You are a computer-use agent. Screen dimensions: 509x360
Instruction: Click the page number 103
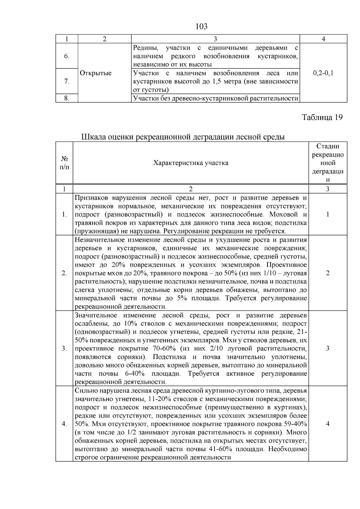[x=201, y=27]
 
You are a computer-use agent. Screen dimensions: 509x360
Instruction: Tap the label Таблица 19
[x=322, y=117]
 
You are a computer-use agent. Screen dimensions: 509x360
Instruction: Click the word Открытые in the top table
[x=96, y=73]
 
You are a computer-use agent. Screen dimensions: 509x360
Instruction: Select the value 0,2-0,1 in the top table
[x=323, y=73]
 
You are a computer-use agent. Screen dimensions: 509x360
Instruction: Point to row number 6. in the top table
[x=67, y=56]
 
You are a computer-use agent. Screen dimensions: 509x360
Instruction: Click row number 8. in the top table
[x=67, y=98]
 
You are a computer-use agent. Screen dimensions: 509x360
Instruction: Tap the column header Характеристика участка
[x=191, y=163]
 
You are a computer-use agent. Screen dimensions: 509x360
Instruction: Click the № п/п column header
[x=64, y=163]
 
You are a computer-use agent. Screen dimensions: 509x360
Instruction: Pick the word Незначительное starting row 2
[x=99, y=240]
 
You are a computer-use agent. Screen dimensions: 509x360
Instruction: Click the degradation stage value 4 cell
[x=328, y=424]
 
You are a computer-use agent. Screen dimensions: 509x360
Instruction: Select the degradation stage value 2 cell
[x=328, y=273]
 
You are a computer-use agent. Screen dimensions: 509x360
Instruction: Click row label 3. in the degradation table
[x=64, y=348]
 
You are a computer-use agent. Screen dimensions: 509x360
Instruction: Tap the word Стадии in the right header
[x=328, y=146]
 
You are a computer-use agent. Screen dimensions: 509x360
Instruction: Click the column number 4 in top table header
[x=323, y=39]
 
